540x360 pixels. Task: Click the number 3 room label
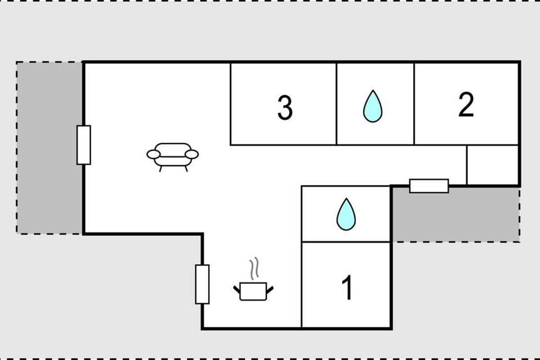(x=285, y=108)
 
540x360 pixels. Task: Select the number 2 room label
(x=466, y=104)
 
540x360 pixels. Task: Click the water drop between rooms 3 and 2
(x=373, y=106)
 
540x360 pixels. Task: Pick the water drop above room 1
(x=346, y=214)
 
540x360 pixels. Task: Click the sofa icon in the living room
(x=173, y=157)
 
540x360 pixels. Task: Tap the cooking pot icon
(x=253, y=291)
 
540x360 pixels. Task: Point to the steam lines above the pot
(x=254, y=268)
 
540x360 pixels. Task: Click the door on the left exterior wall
(x=84, y=145)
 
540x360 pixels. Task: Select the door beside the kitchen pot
(x=202, y=284)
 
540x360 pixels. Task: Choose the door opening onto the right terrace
(x=429, y=186)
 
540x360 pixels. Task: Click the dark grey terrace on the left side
(x=49, y=148)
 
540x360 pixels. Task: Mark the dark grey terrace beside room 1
(x=455, y=215)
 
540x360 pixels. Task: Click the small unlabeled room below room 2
(x=492, y=165)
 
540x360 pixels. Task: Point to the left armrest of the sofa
(x=153, y=154)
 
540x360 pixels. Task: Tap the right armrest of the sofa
(x=192, y=154)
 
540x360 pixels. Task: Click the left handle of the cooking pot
(x=237, y=289)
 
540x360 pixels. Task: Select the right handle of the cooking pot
(x=270, y=290)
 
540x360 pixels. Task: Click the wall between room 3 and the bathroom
(x=336, y=104)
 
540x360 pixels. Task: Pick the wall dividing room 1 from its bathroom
(x=346, y=241)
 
